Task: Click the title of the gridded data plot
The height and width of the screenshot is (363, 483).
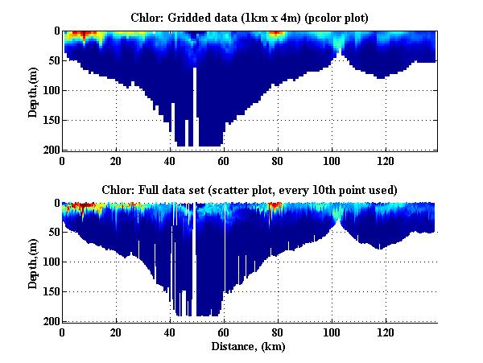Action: pyautogui.click(x=250, y=16)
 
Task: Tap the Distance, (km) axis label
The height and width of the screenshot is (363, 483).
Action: pyautogui.click(x=249, y=347)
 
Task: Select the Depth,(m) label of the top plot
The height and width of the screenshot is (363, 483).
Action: pyautogui.click(x=33, y=90)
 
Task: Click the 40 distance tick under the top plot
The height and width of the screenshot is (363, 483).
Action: pyautogui.click(x=170, y=160)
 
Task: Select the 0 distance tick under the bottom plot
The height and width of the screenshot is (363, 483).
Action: pyautogui.click(x=63, y=332)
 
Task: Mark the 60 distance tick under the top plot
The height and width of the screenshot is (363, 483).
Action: pyautogui.click(x=224, y=160)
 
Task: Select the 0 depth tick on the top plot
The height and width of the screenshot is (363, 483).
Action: pyautogui.click(x=55, y=31)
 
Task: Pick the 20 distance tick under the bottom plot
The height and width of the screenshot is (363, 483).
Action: pyautogui.click(x=116, y=332)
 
